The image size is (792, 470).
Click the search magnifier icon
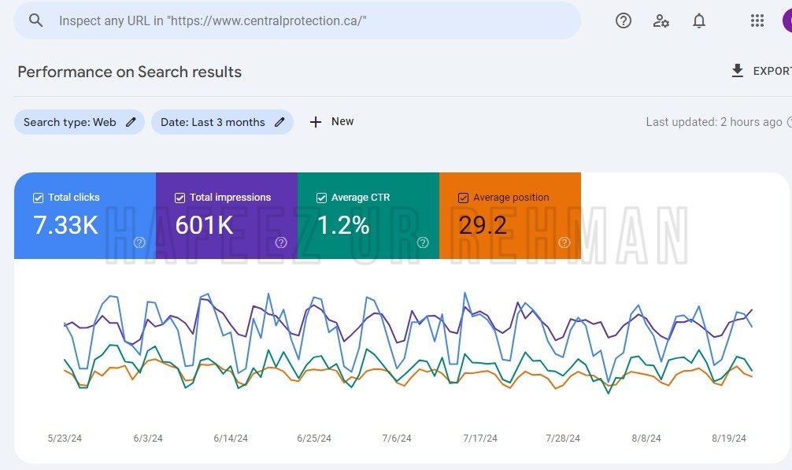pos(35,20)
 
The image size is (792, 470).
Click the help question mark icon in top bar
pos(624,20)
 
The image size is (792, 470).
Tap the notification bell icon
pos(699,20)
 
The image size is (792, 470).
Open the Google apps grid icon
pos(757,20)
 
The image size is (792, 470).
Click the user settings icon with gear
pos(661,20)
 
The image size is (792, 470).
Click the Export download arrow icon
pos(738,71)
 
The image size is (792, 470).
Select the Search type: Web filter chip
pos(80,122)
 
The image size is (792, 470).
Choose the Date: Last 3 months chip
pos(222,122)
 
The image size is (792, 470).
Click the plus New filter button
pos(331,122)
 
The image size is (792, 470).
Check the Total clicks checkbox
pos(38,198)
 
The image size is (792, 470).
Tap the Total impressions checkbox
pos(179,198)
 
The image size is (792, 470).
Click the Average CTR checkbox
pos(321,198)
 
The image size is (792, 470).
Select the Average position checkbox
pos(463,198)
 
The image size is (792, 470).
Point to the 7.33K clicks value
pos(65,225)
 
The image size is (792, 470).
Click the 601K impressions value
pos(204,225)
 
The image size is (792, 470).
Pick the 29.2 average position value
pos(483,225)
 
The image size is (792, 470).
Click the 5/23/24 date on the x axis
pos(65,439)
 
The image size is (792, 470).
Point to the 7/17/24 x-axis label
pos(480,439)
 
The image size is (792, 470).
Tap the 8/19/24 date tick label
pos(729,439)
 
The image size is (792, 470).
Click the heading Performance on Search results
pos(129,72)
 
